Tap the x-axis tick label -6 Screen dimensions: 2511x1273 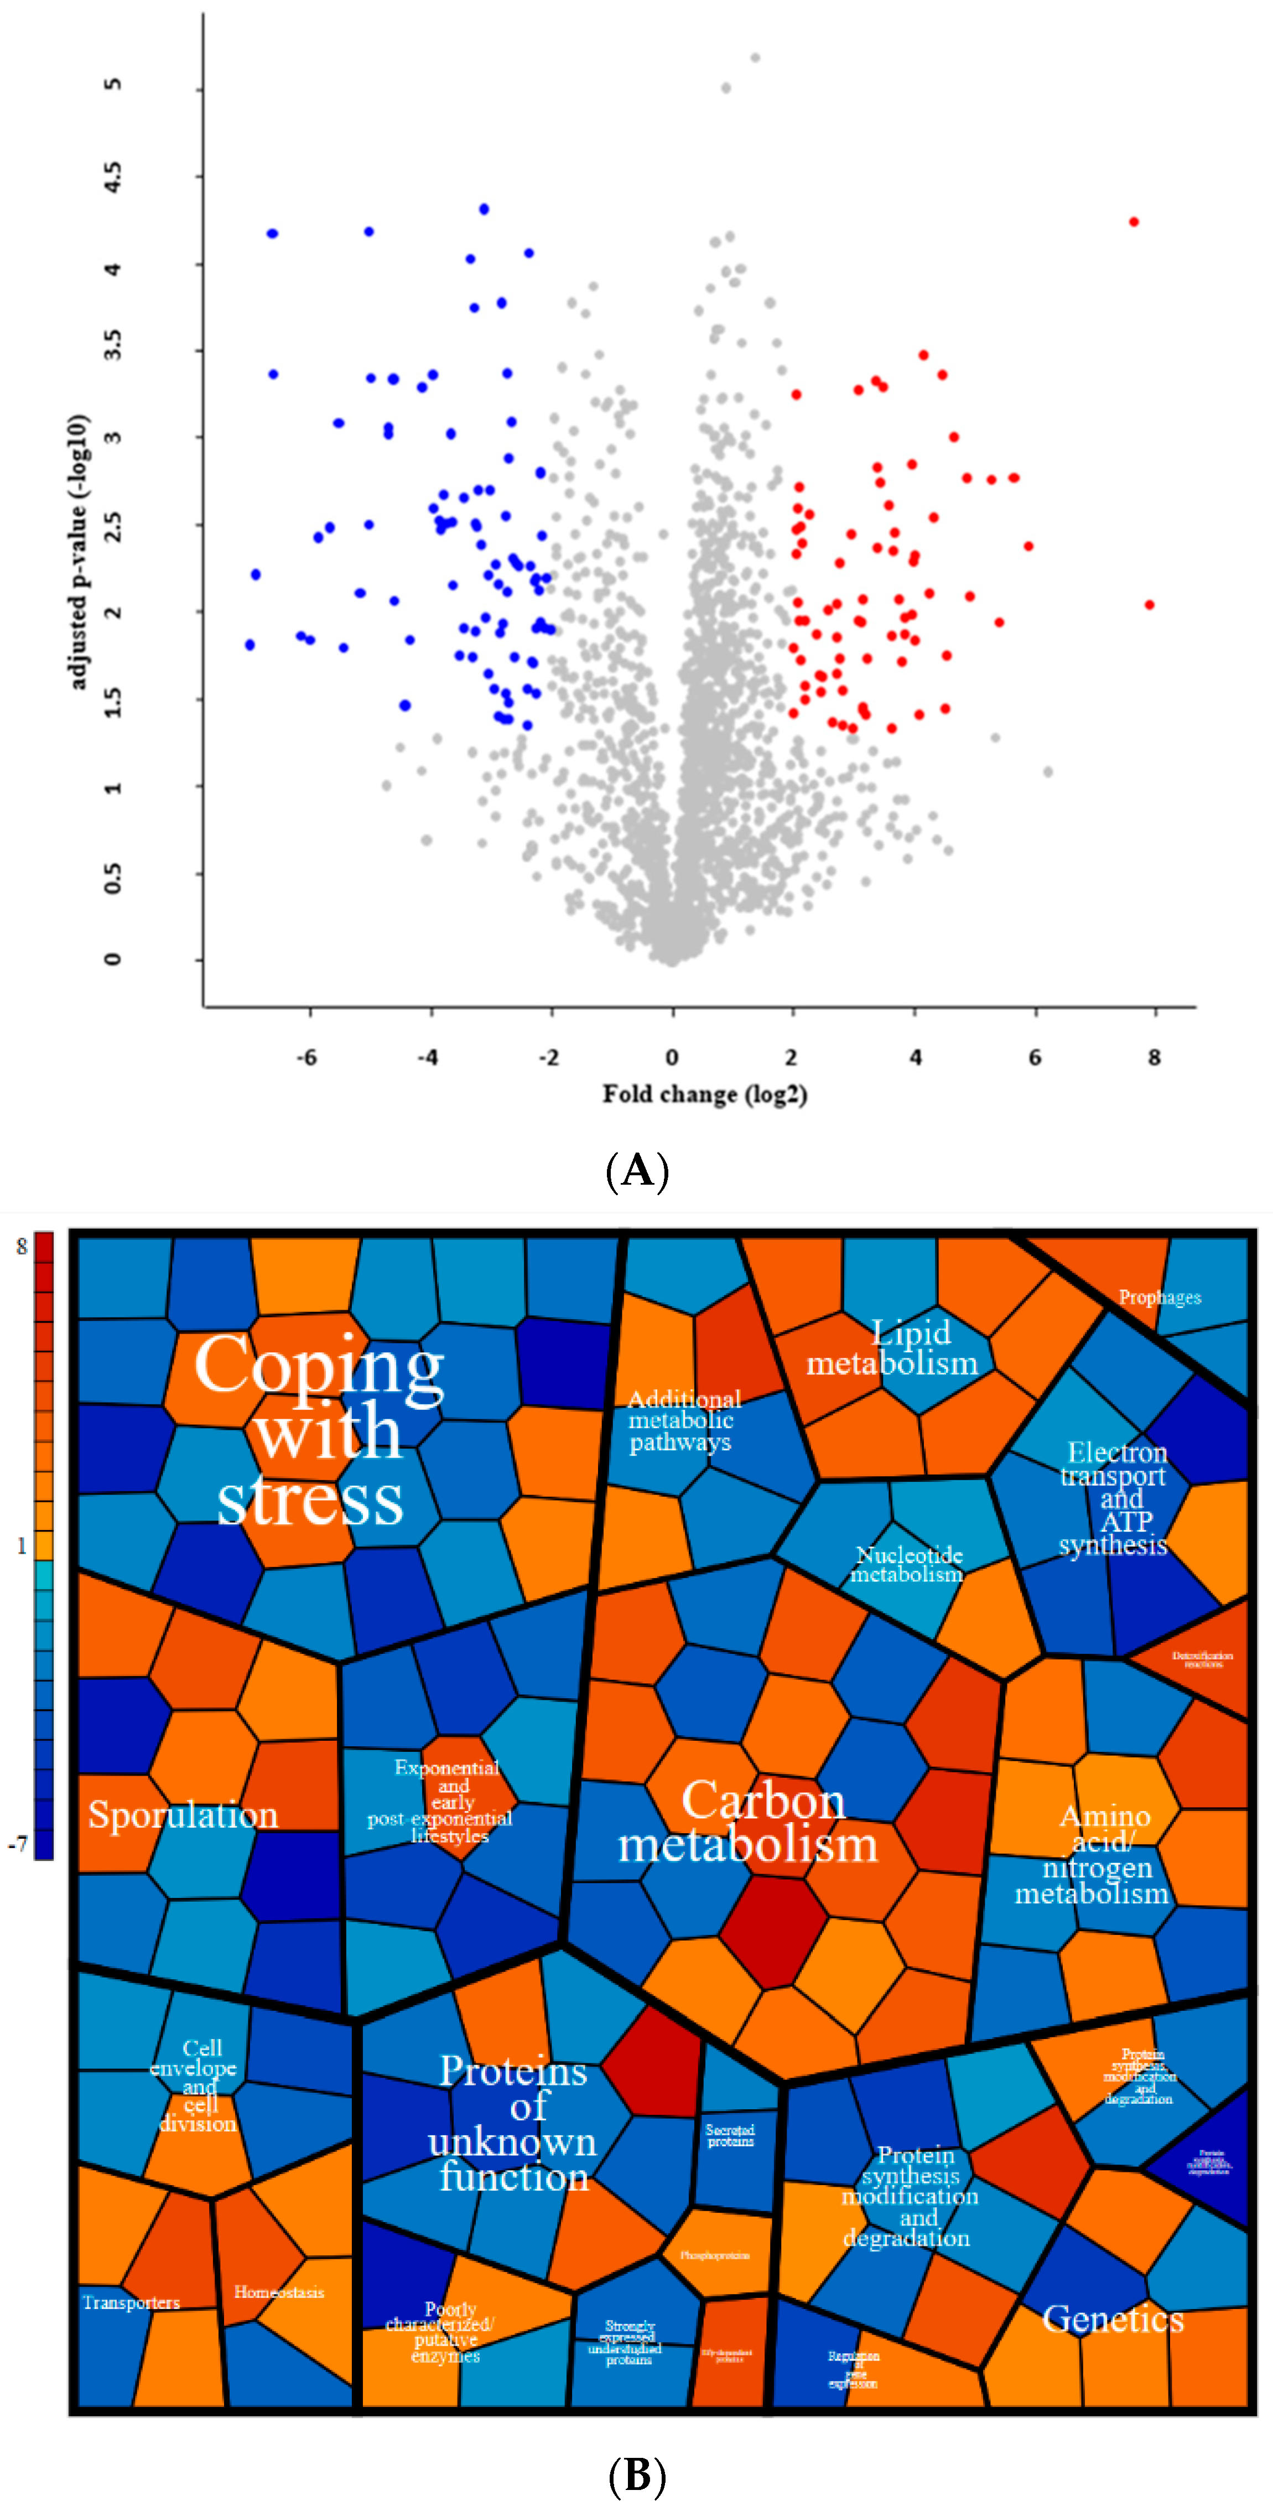click(x=307, y=1057)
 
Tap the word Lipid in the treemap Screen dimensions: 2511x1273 click(x=911, y=1332)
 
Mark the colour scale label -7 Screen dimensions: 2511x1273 click(x=18, y=1844)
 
